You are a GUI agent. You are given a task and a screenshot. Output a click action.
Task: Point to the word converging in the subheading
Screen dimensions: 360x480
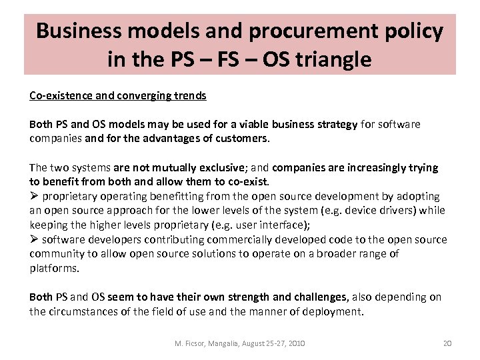coord(143,95)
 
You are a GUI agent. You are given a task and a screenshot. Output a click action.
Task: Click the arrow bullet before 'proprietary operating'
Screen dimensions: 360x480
coord(34,197)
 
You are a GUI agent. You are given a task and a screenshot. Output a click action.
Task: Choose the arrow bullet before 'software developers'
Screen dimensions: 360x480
coord(34,239)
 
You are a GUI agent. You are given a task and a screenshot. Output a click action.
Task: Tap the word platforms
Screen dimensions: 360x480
coord(53,268)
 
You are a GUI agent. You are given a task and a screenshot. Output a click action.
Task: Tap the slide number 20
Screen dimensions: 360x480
coord(447,343)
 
